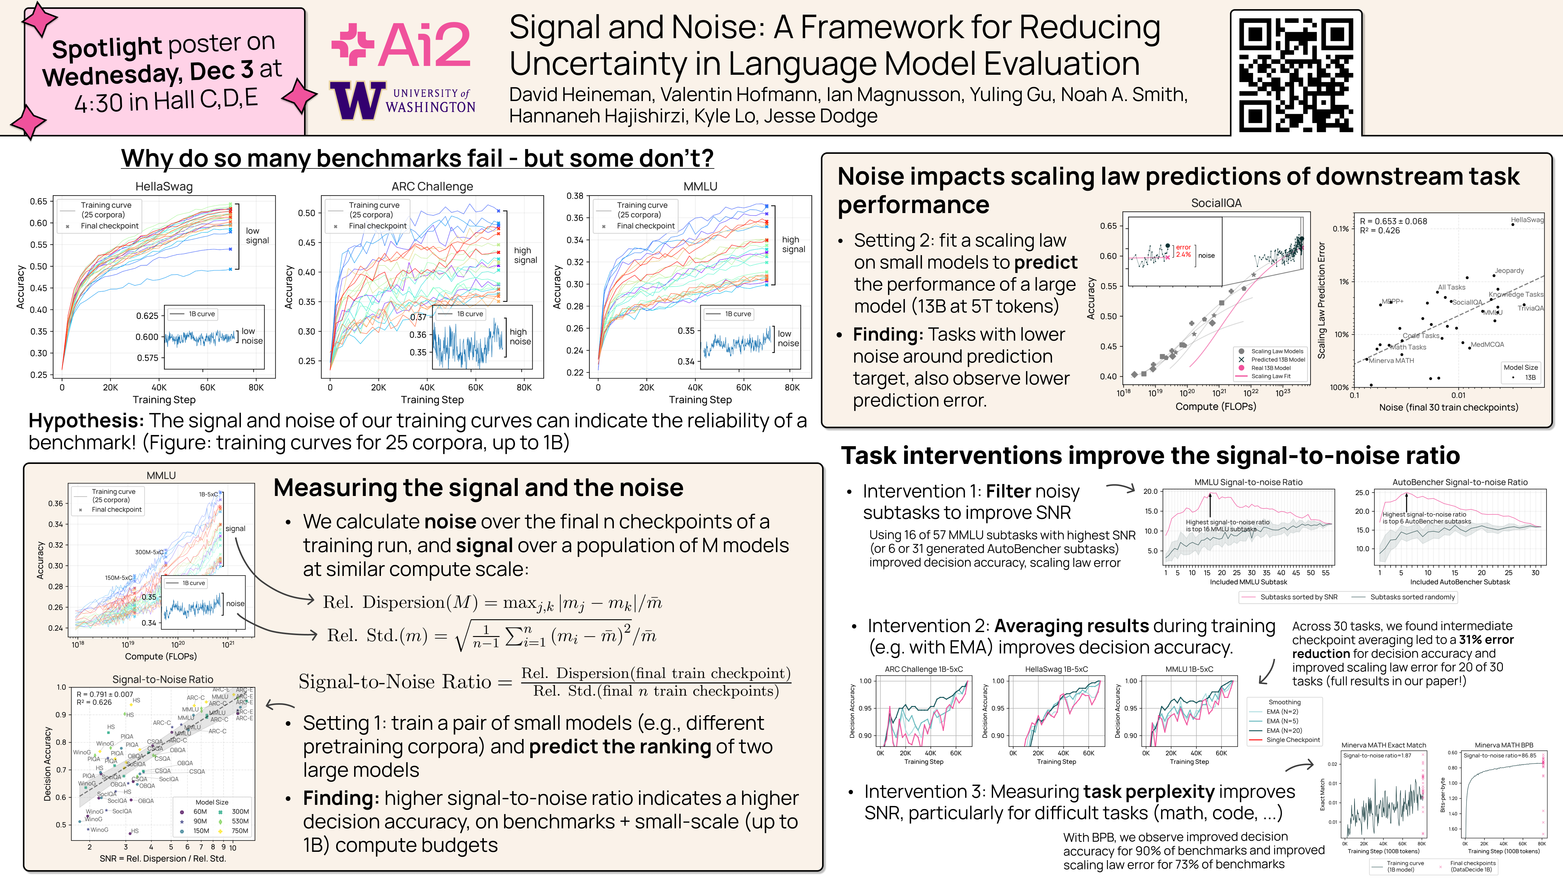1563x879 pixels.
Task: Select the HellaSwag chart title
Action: pyautogui.click(x=164, y=186)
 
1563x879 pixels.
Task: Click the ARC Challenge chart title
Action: pyautogui.click(x=432, y=186)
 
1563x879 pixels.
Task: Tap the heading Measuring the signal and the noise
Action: pyautogui.click(x=478, y=488)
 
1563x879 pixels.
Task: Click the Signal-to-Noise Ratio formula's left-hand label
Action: pyautogui.click(x=394, y=682)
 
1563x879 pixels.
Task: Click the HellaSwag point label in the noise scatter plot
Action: pyautogui.click(x=1527, y=220)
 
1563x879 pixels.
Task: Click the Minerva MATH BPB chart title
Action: pyautogui.click(x=1503, y=745)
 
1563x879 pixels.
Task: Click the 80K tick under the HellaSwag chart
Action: pyautogui.click(x=256, y=387)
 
